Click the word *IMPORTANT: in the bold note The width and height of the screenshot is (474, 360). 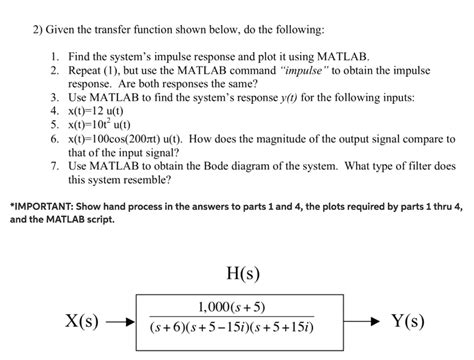(37, 203)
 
